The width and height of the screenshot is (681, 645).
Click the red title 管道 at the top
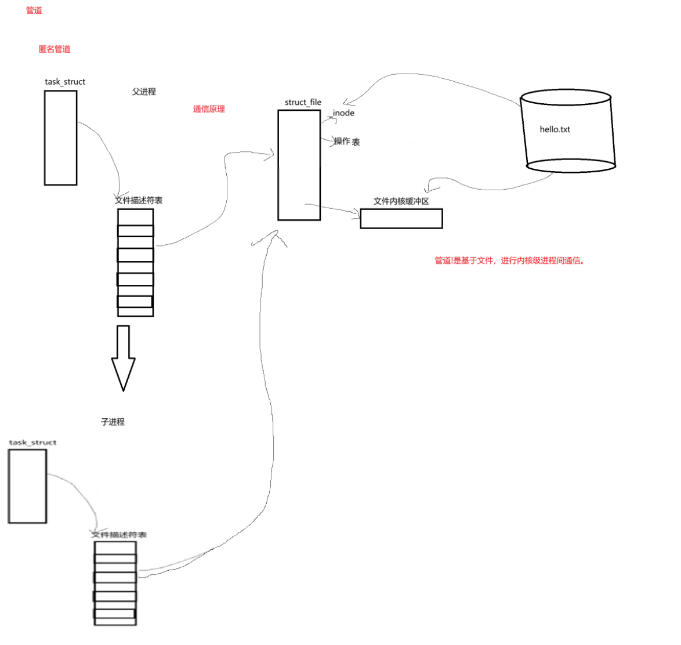point(34,10)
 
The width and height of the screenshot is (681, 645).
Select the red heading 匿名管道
point(55,49)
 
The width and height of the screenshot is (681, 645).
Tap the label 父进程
point(144,92)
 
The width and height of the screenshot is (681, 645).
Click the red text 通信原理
point(209,109)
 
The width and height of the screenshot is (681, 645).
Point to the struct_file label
point(303,103)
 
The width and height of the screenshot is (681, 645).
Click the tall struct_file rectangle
point(299,165)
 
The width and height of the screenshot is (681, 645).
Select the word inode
point(343,113)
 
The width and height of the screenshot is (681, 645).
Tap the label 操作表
point(347,142)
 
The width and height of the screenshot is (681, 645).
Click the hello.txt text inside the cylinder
point(555,129)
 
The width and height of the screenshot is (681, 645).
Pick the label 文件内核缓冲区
point(401,201)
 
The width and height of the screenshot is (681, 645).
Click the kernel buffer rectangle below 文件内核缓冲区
point(401,219)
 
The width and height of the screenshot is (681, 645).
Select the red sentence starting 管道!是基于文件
point(509,260)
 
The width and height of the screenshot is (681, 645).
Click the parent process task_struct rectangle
point(60,138)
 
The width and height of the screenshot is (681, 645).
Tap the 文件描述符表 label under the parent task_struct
point(139,200)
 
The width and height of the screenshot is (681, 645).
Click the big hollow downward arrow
point(123,357)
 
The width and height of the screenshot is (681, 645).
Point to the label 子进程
point(113,422)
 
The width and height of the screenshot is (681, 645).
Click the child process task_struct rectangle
point(27,486)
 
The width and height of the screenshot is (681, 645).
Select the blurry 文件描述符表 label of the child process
point(119,534)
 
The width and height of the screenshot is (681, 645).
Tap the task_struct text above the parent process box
point(65,82)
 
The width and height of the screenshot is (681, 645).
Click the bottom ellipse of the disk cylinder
point(571,166)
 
